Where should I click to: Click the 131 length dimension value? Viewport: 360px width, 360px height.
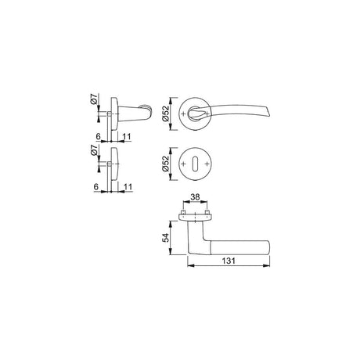click(229, 261)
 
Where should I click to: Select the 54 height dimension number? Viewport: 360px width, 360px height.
click(166, 238)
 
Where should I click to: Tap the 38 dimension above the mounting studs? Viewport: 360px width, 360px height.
click(195, 197)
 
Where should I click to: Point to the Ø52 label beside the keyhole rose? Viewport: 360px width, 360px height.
click(166, 164)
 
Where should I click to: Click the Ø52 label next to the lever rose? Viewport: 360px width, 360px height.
click(166, 113)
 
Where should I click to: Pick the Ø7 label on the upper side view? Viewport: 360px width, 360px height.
click(94, 99)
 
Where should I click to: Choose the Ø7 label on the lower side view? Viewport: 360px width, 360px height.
click(94, 150)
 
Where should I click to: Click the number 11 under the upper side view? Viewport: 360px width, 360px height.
click(127, 137)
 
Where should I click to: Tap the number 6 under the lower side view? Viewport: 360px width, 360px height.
click(96, 187)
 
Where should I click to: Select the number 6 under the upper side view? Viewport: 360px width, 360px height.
click(98, 137)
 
